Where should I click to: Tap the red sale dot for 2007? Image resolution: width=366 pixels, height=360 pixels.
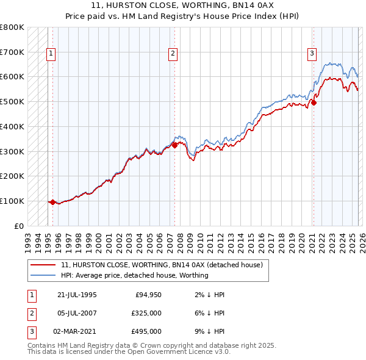(174, 145)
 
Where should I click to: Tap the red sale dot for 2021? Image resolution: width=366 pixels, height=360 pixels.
(314, 103)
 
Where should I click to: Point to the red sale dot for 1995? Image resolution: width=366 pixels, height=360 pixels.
(53, 202)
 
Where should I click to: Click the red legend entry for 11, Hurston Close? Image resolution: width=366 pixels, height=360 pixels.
(162, 265)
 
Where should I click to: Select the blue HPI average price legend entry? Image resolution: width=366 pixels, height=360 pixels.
(135, 275)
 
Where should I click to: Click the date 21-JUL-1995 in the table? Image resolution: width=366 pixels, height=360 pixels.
(77, 295)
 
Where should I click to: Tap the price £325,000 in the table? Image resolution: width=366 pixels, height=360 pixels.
(147, 313)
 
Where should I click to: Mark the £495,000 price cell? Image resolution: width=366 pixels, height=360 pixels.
(147, 331)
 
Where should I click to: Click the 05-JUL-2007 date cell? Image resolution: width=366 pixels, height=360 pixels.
(77, 313)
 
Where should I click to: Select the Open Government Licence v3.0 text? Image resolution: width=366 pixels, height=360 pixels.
(183, 351)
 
